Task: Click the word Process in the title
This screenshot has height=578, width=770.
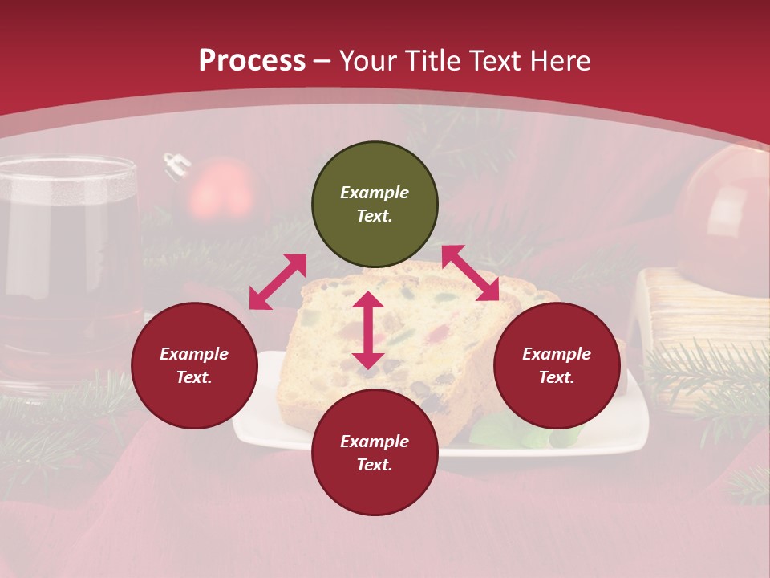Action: (x=252, y=61)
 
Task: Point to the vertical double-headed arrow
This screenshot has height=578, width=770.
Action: (x=368, y=330)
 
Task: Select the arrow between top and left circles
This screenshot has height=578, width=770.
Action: (x=278, y=281)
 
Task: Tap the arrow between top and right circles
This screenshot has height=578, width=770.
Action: (x=470, y=273)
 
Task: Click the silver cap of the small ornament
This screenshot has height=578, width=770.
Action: (x=173, y=165)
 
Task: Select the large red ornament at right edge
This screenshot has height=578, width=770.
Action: (x=726, y=213)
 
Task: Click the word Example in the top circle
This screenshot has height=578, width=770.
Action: (x=375, y=193)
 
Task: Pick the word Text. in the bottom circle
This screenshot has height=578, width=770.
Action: (x=375, y=465)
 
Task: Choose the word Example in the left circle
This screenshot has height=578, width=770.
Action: (x=194, y=354)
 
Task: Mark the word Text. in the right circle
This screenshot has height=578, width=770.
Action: (x=557, y=377)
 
